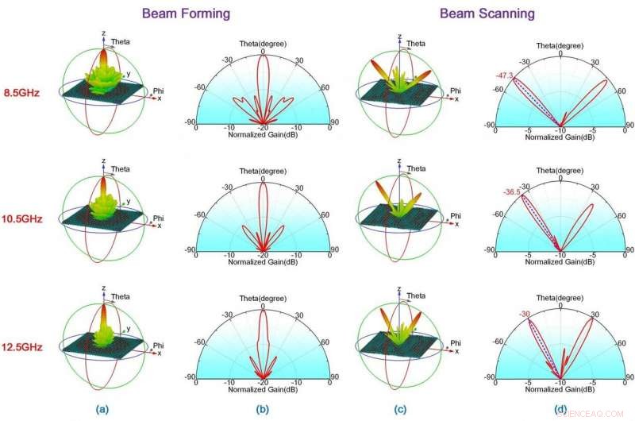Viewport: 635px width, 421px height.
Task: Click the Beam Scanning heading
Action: [487, 13]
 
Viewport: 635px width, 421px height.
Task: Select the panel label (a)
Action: [102, 410]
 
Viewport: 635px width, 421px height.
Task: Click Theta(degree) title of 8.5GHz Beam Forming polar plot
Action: [263, 42]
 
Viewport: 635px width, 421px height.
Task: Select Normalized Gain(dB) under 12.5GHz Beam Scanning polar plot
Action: [561, 391]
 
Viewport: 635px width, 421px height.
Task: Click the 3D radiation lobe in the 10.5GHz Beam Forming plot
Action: [103, 199]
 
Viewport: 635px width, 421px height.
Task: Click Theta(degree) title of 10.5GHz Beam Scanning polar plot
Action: [561, 170]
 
